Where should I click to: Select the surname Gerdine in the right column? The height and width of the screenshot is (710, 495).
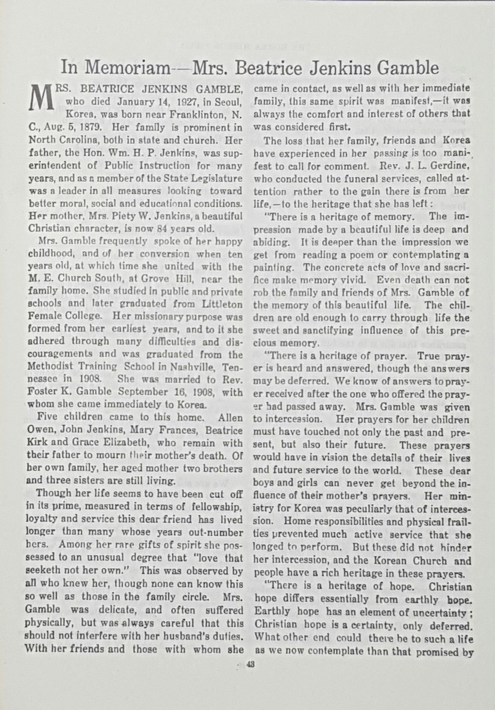coord(450,166)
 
